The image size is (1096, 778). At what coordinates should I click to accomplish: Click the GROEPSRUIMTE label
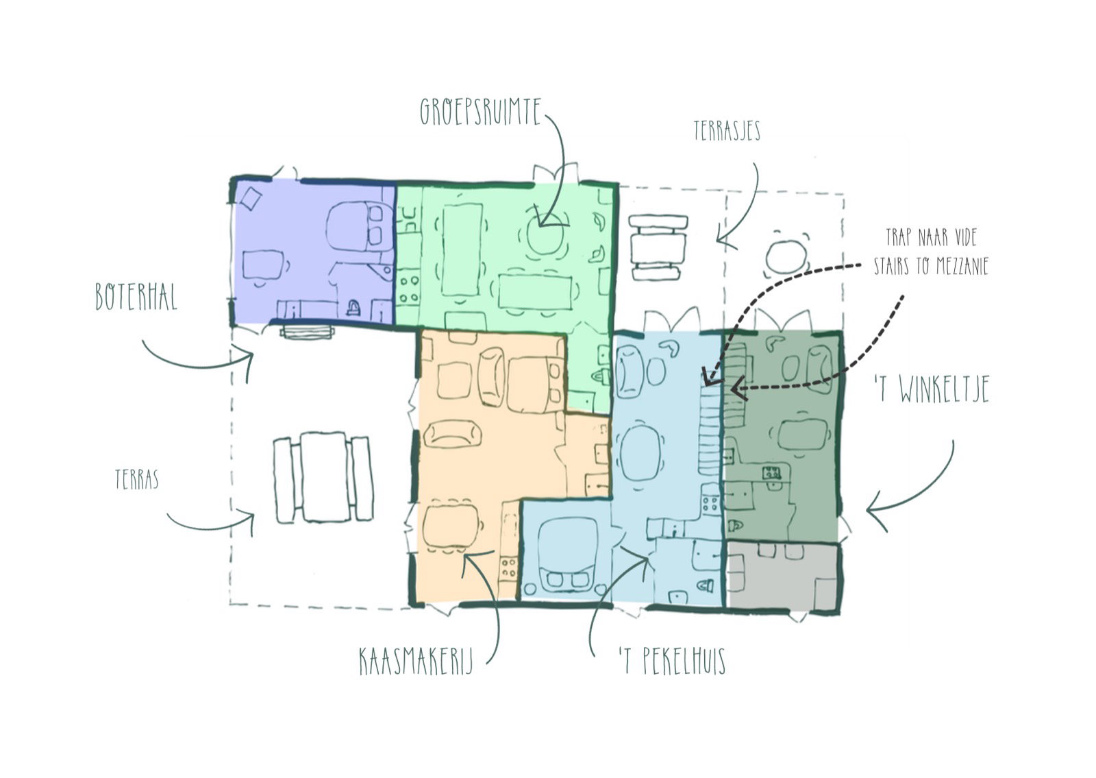481,112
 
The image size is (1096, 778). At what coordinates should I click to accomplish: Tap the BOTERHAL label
136,297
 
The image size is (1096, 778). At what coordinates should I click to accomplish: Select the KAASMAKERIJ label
416,661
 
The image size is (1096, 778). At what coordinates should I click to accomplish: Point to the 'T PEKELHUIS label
672,660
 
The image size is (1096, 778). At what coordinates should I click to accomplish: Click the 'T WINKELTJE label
932,389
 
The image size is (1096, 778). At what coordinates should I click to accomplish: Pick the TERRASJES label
727,131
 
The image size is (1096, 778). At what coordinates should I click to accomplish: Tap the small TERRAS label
137,479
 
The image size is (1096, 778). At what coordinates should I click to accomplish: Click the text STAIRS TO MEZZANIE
931,266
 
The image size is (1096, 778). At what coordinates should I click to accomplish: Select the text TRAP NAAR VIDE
931,237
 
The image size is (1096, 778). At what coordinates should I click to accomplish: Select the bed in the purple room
359,227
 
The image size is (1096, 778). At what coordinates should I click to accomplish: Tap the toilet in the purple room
353,308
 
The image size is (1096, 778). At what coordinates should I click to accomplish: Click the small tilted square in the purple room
251,199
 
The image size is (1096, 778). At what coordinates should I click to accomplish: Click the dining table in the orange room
449,526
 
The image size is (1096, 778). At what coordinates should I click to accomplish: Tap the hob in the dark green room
771,472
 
